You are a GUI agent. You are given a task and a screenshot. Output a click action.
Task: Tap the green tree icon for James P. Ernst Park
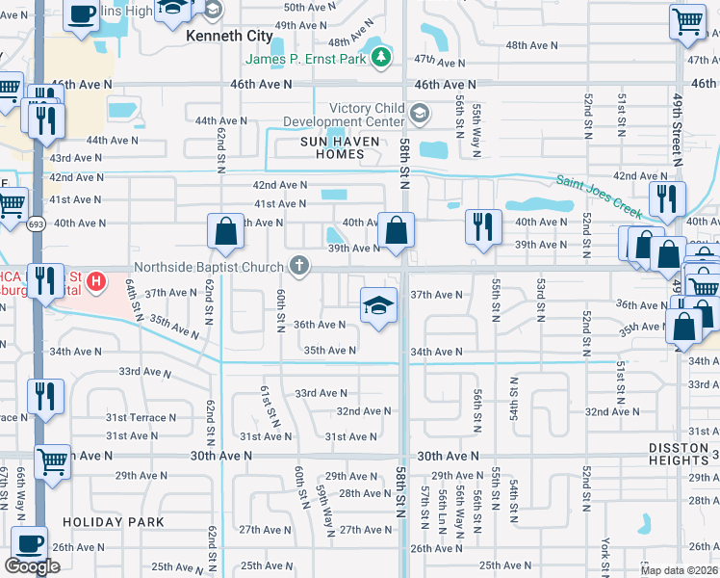383,58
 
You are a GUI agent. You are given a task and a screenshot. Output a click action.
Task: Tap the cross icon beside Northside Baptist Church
300,265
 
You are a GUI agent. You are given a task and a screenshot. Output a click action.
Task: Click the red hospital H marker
95,282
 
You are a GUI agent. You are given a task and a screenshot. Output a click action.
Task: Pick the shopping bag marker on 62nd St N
225,232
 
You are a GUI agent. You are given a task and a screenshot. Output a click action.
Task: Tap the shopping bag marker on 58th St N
396,231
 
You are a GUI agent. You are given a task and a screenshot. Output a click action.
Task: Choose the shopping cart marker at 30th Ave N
53,462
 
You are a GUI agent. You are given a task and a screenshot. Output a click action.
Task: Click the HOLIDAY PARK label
102,521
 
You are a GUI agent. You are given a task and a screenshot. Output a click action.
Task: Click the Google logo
32,566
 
